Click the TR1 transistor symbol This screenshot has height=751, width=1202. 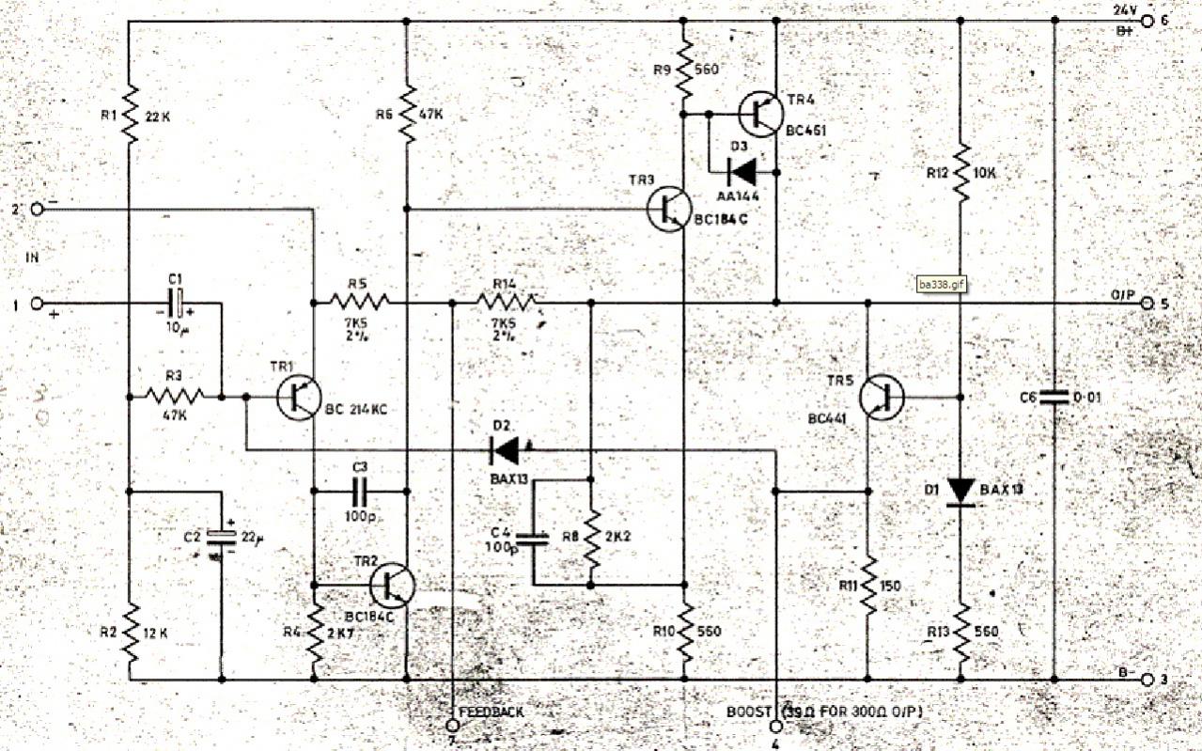coord(300,398)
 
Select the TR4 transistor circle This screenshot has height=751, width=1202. coord(761,114)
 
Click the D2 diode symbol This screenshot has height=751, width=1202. coord(505,450)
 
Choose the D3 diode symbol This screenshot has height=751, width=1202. coord(743,171)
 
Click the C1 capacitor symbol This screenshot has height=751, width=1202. coord(176,304)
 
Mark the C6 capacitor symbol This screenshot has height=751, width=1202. coord(1054,397)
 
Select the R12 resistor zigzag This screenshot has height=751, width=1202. coord(960,171)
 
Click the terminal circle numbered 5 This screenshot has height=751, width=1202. coord(1147,303)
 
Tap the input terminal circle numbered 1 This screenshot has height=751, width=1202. coord(38,304)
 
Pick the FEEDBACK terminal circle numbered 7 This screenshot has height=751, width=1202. coord(453,726)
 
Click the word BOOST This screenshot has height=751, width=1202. coord(747,712)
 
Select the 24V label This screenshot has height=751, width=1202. coord(1125,10)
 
